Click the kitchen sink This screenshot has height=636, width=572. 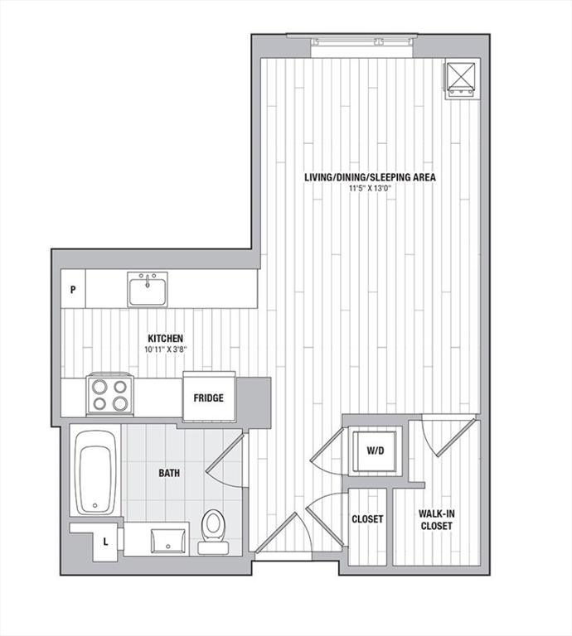click(148, 289)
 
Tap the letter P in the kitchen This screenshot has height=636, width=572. click(73, 290)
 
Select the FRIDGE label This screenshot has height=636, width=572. click(208, 398)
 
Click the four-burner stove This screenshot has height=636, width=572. click(109, 394)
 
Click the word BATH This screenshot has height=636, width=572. click(170, 474)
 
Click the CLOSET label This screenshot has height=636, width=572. click(367, 519)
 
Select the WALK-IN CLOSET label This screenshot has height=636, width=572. click(436, 519)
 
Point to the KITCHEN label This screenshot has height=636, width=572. click(165, 339)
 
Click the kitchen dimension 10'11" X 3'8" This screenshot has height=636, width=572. click(165, 349)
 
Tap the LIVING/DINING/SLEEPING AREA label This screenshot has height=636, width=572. click(370, 177)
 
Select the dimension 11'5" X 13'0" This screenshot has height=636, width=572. click(370, 189)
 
